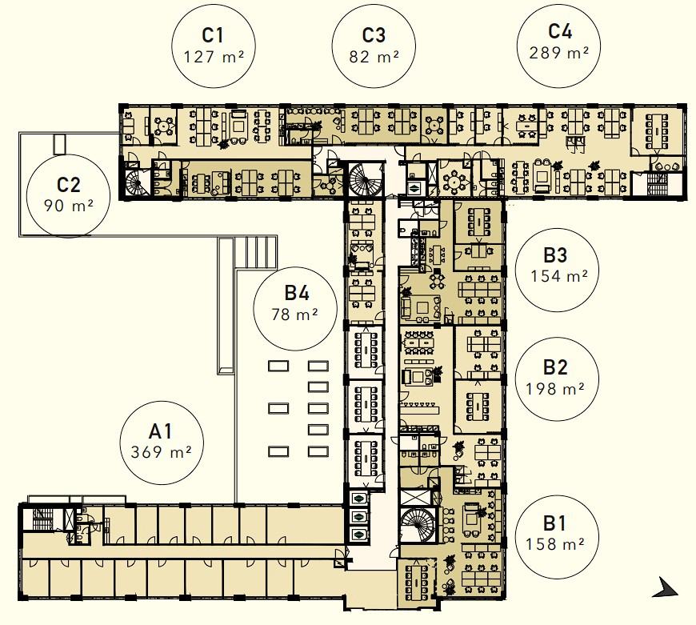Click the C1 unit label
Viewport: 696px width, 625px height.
(x=213, y=35)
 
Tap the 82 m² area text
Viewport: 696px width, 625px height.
(x=374, y=57)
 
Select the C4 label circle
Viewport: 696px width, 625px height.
(x=559, y=46)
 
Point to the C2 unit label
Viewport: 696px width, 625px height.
(x=69, y=185)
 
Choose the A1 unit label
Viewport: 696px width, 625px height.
(x=161, y=431)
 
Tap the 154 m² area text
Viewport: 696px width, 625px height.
(x=559, y=276)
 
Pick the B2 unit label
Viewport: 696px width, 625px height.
(x=555, y=367)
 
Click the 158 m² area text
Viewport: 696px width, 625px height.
(x=555, y=543)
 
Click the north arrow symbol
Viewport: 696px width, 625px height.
(x=666, y=588)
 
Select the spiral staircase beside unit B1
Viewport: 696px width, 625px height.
(x=418, y=525)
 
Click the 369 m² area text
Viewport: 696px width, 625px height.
(x=161, y=452)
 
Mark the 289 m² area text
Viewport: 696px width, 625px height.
(x=559, y=53)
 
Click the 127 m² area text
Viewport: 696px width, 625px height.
(x=214, y=57)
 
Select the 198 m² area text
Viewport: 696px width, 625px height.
(x=555, y=389)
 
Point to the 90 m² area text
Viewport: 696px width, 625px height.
(x=68, y=206)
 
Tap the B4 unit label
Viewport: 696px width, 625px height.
(x=297, y=294)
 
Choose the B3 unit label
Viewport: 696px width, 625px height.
(x=555, y=255)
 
